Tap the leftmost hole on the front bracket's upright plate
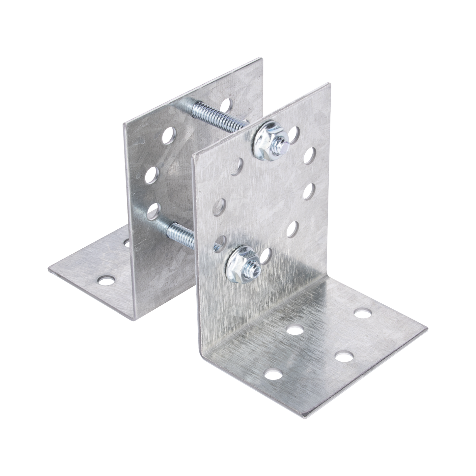coord(218,206)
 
